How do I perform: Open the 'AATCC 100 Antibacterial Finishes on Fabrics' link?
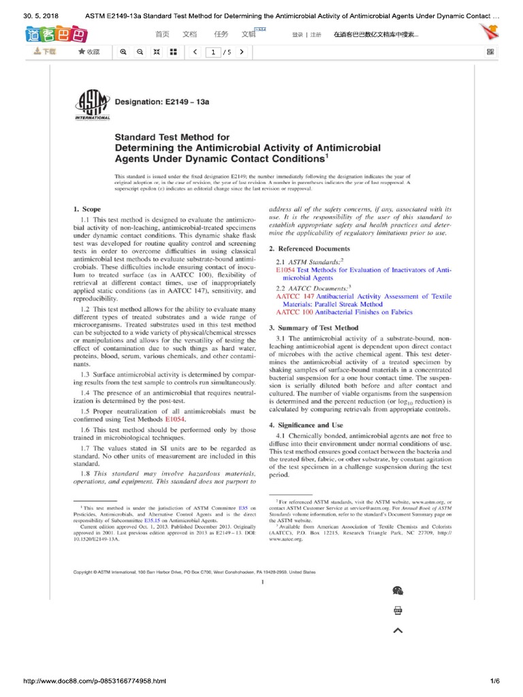pyautogui.click(x=344, y=312)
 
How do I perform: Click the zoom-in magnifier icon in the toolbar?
pyautogui.click(x=123, y=52)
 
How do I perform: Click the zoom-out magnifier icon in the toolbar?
pyautogui.click(x=140, y=52)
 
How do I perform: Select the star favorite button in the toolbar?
pyautogui.click(x=89, y=52)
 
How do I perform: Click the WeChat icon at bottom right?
pyautogui.click(x=398, y=590)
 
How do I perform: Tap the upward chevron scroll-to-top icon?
pyautogui.click(x=398, y=630)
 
